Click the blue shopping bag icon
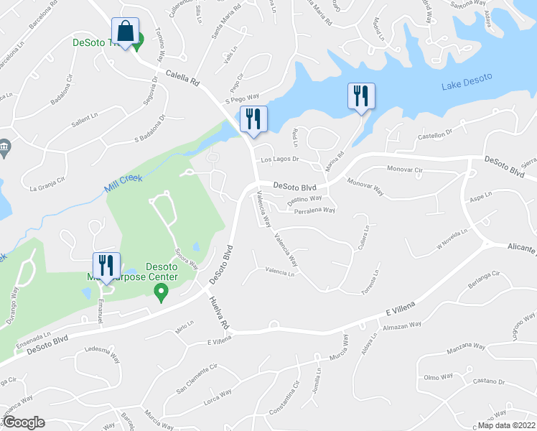[x=125, y=33]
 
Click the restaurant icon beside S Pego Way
[x=253, y=119]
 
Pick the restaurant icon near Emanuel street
[x=106, y=265]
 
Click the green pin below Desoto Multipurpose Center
[x=162, y=292]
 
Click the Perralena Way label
[x=315, y=210]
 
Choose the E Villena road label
[x=396, y=312]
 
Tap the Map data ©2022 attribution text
[x=506, y=425]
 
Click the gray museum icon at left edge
[x=4, y=148]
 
